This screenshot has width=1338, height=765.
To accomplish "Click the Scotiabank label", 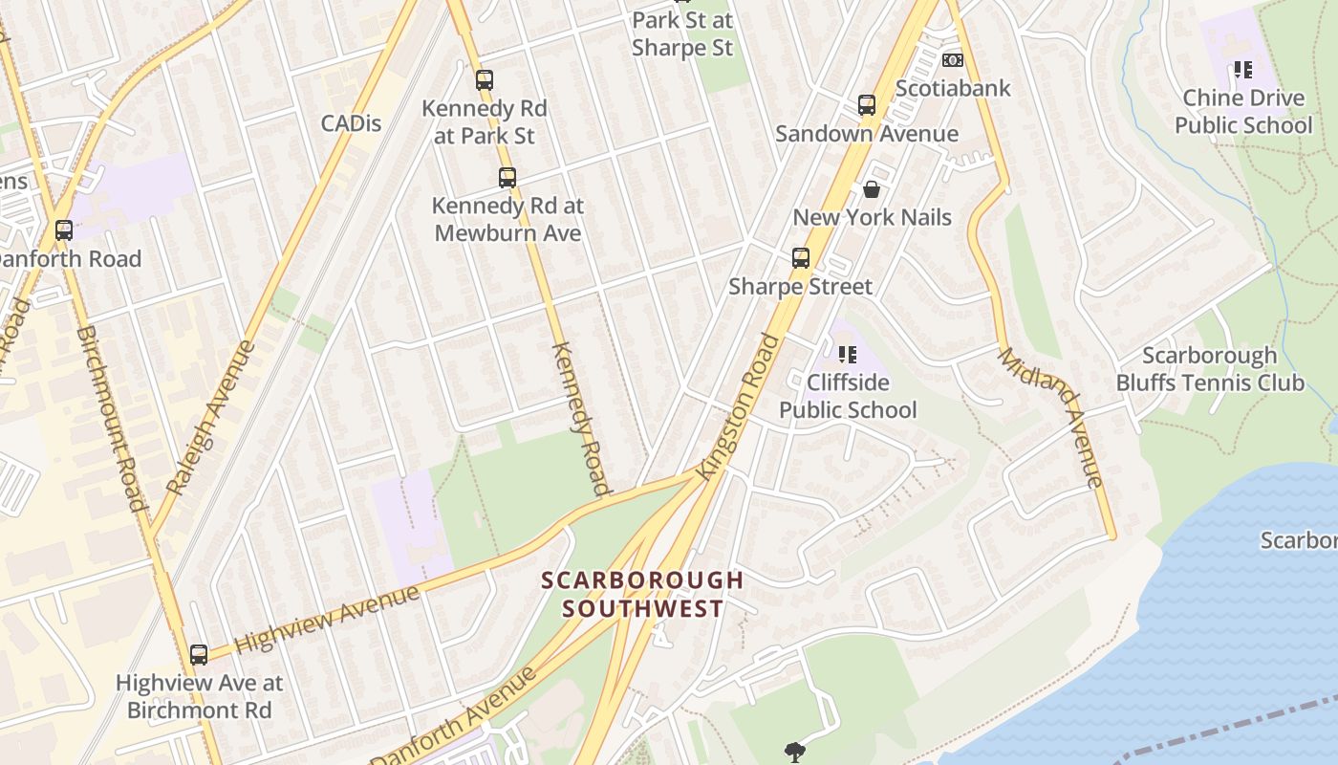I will (953, 88).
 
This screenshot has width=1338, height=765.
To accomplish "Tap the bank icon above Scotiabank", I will (952, 60).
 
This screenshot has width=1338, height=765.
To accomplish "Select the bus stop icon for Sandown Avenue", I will (867, 105).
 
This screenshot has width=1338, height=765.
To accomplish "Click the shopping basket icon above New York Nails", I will (872, 189).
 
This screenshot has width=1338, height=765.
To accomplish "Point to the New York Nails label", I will (872, 217).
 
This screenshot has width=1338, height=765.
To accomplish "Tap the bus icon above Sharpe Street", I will (801, 258).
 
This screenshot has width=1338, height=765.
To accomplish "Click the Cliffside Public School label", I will (848, 396).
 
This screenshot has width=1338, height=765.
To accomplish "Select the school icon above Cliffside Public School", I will (847, 355).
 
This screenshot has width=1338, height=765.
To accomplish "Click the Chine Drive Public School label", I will (1243, 111).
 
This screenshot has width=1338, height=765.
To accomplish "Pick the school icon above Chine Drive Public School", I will (1242, 69).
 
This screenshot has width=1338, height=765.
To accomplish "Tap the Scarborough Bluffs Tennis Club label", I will (1210, 369).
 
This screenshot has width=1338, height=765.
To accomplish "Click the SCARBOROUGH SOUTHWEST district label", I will (642, 594).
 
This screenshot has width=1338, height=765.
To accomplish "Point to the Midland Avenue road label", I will (1051, 416).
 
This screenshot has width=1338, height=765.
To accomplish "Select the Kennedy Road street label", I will (581, 418).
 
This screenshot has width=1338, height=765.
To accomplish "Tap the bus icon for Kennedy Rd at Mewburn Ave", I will (507, 177).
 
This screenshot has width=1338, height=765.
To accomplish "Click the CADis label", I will (351, 122).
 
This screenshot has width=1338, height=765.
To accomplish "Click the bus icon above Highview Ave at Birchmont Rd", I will (199, 655).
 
